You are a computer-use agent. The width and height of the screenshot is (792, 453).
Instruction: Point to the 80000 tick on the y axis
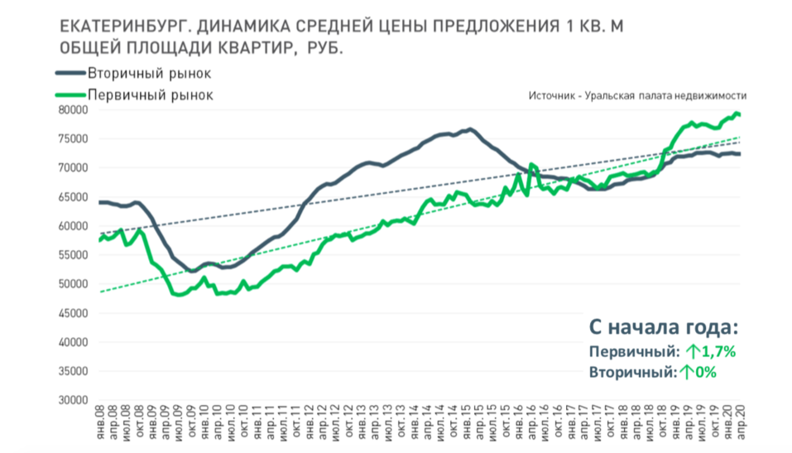coord(77,109)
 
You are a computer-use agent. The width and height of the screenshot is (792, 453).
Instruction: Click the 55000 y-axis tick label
coord(77,255)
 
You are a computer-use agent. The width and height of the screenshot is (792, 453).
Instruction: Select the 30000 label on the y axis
coord(77,400)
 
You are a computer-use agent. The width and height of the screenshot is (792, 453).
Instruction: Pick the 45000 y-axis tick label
coord(77,313)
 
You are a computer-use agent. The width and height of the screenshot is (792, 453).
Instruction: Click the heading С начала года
coord(661,326)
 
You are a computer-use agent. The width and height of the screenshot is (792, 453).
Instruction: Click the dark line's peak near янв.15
coord(469,129)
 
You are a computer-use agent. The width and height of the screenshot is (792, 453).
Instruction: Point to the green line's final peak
coord(736,113)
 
